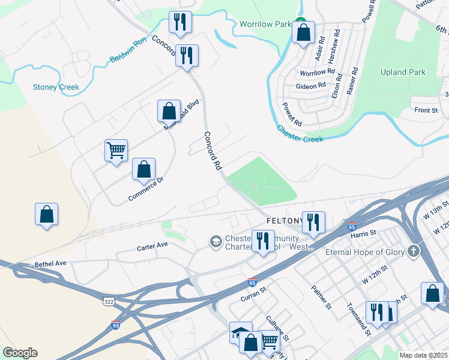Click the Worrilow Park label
[x=264, y=24]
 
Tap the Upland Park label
[x=403, y=73]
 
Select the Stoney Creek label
[x=56, y=87]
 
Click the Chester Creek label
[x=300, y=134]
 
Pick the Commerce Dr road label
[x=146, y=189]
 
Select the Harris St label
[x=363, y=232]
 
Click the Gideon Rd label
[x=310, y=86]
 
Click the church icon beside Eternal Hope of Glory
[x=412, y=251]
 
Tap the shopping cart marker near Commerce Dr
[x=116, y=150]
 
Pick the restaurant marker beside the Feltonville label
[x=313, y=222]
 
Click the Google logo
[x=20, y=353]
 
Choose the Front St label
[x=426, y=110]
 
